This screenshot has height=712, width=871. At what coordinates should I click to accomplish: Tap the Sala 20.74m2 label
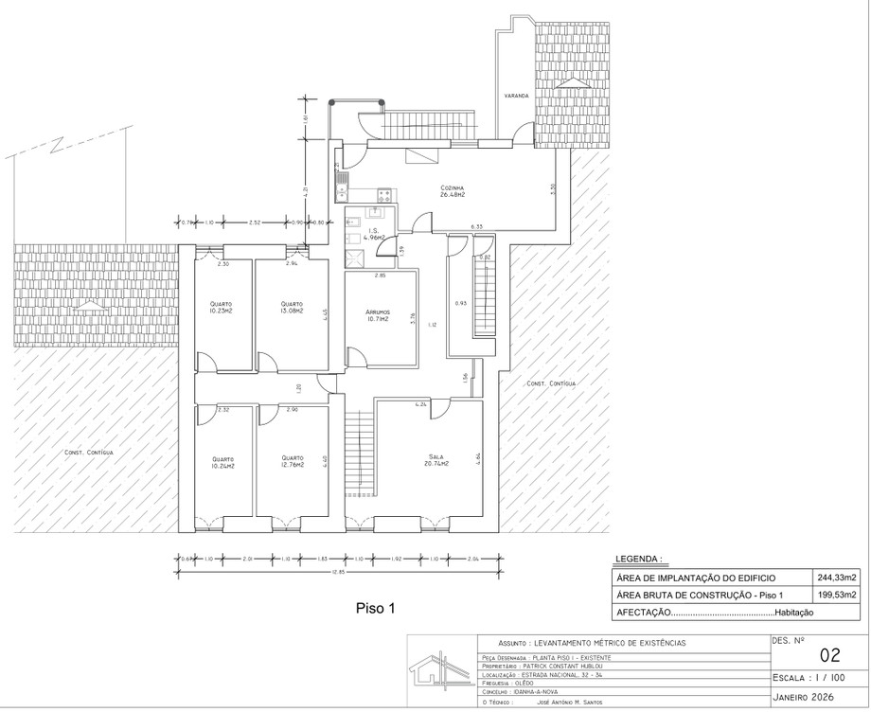(435, 460)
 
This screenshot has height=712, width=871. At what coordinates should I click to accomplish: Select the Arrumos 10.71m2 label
(378, 316)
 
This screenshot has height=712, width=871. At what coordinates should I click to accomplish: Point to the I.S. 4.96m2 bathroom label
(376, 235)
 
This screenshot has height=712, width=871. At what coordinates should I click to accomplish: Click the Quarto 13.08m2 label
(291, 308)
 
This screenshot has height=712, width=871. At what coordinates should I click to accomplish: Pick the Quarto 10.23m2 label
(222, 308)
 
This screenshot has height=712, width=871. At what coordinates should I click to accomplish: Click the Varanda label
(515, 96)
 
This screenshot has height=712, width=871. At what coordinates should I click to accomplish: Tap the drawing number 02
(829, 654)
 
